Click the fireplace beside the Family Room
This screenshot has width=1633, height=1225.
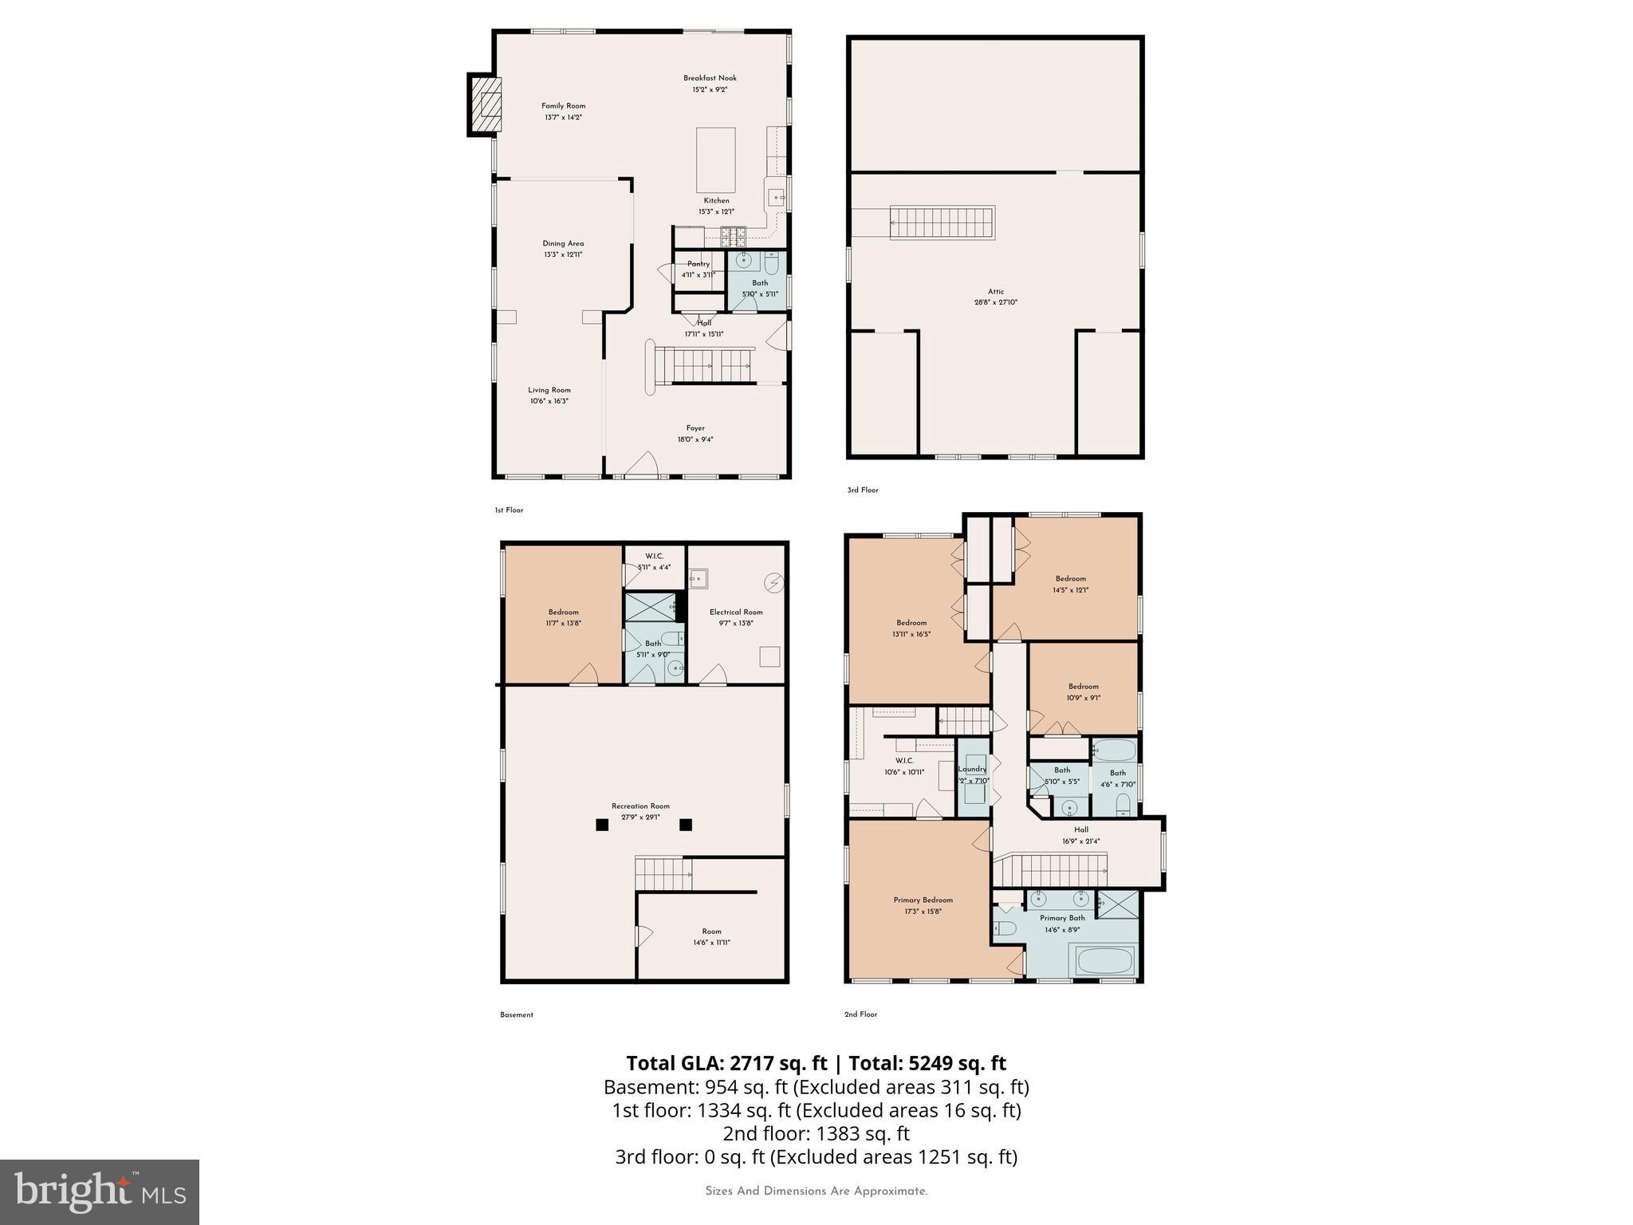[484, 104]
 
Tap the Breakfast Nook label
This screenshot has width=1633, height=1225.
[710, 78]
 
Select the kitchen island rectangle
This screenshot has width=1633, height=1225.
[715, 160]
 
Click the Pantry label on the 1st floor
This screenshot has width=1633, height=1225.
[698, 264]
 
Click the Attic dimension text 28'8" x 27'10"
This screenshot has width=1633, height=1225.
[996, 303]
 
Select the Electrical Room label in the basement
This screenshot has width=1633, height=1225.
[736, 612]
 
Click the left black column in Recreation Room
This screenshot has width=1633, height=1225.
[602, 825]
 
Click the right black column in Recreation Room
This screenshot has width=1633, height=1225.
[686, 825]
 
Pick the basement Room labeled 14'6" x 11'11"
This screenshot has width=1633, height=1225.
[711, 936]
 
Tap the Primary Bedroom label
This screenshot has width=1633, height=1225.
[923, 900]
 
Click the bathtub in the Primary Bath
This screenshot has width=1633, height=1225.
[1104, 960]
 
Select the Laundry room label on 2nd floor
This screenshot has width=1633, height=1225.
[973, 770]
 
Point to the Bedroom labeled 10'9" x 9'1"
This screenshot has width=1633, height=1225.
[1083, 691]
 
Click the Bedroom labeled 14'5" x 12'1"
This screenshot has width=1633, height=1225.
[1070, 585]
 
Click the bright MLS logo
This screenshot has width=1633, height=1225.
[100, 1192]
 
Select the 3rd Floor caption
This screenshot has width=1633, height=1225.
[862, 490]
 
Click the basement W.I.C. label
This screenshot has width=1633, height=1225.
[654, 556]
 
